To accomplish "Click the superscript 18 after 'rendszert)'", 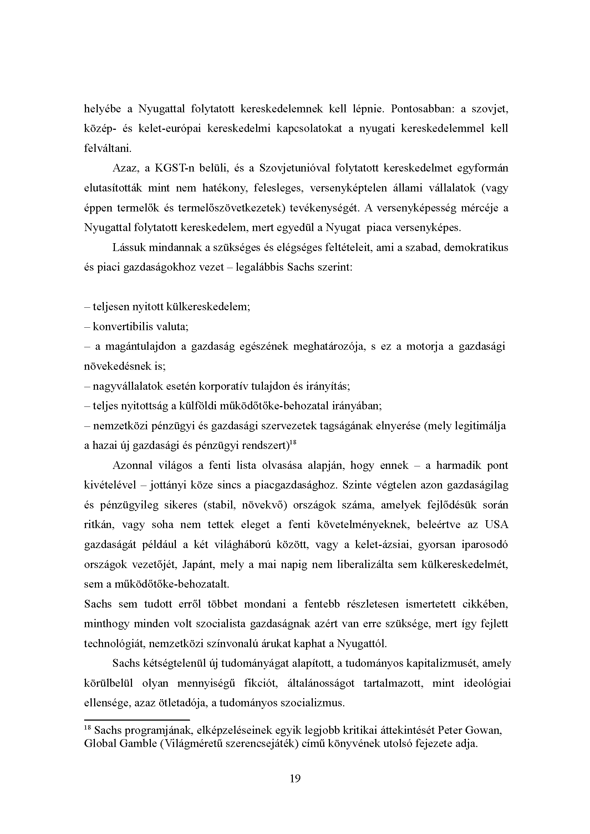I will pyautogui.click(x=294, y=442).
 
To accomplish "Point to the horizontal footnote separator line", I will pyautogui.click(x=137, y=720).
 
